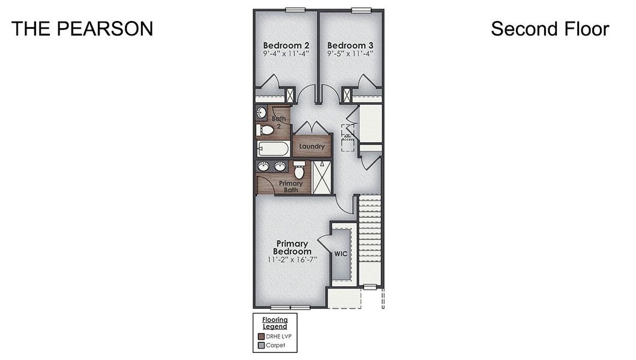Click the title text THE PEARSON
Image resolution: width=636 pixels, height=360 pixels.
click(x=82, y=29)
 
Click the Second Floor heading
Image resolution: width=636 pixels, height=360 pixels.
click(x=550, y=29)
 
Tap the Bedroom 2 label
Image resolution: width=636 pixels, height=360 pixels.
click(x=286, y=45)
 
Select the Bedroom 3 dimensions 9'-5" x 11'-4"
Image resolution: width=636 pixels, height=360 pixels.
click(x=350, y=53)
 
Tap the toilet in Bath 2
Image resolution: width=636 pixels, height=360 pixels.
click(x=265, y=130)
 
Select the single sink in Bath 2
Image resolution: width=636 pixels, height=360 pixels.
click(x=262, y=112)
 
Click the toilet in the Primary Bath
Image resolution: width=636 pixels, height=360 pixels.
click(x=299, y=170)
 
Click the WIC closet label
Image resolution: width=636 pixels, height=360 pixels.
click(x=340, y=254)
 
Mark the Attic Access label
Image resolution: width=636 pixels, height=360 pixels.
click(x=347, y=138)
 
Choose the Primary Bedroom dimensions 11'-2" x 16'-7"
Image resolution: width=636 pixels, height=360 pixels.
click(x=292, y=260)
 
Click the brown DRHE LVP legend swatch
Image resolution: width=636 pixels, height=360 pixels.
click(x=261, y=337)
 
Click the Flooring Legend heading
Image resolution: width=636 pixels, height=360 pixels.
click(x=275, y=323)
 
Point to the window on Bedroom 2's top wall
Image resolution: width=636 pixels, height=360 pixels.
click(x=295, y=9)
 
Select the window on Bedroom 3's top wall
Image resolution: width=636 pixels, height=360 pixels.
click(x=361, y=9)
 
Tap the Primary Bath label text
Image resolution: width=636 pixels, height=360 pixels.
click(x=290, y=186)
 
